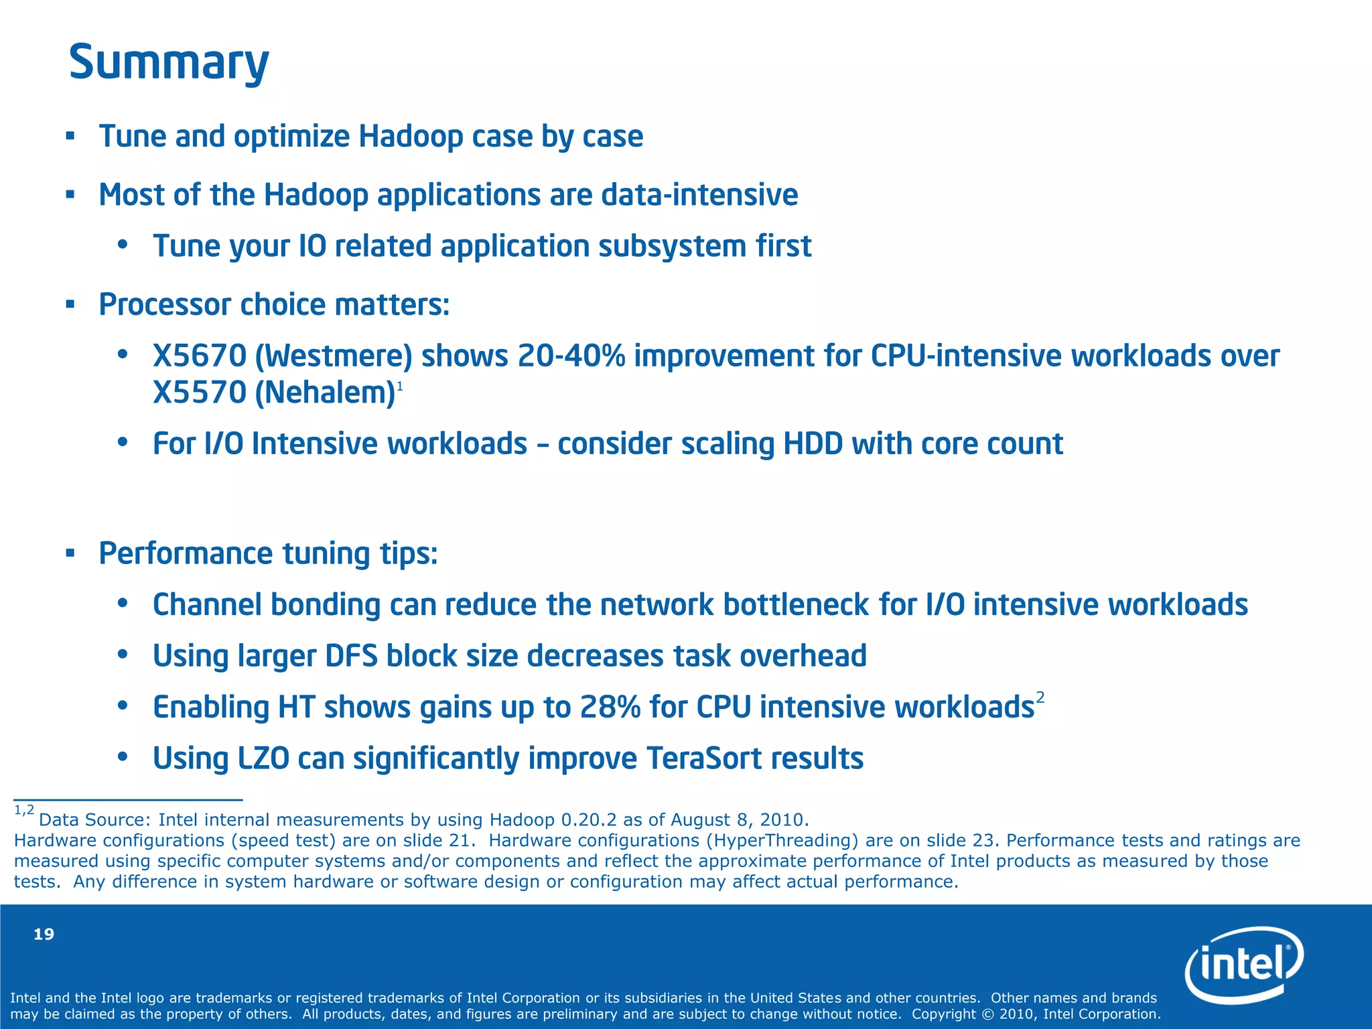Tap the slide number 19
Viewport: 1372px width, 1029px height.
click(44, 935)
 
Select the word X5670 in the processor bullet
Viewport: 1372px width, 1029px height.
click(200, 356)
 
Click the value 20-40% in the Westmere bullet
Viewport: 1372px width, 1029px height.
click(571, 356)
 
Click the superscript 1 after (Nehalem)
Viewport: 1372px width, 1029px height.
click(400, 387)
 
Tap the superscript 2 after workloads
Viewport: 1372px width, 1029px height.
click(1040, 698)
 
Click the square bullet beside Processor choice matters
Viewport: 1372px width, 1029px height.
click(70, 305)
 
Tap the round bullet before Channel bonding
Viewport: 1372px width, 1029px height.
click(122, 604)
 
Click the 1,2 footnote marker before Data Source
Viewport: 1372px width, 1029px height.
click(24, 811)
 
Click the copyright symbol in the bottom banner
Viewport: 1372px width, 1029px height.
click(988, 1014)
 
